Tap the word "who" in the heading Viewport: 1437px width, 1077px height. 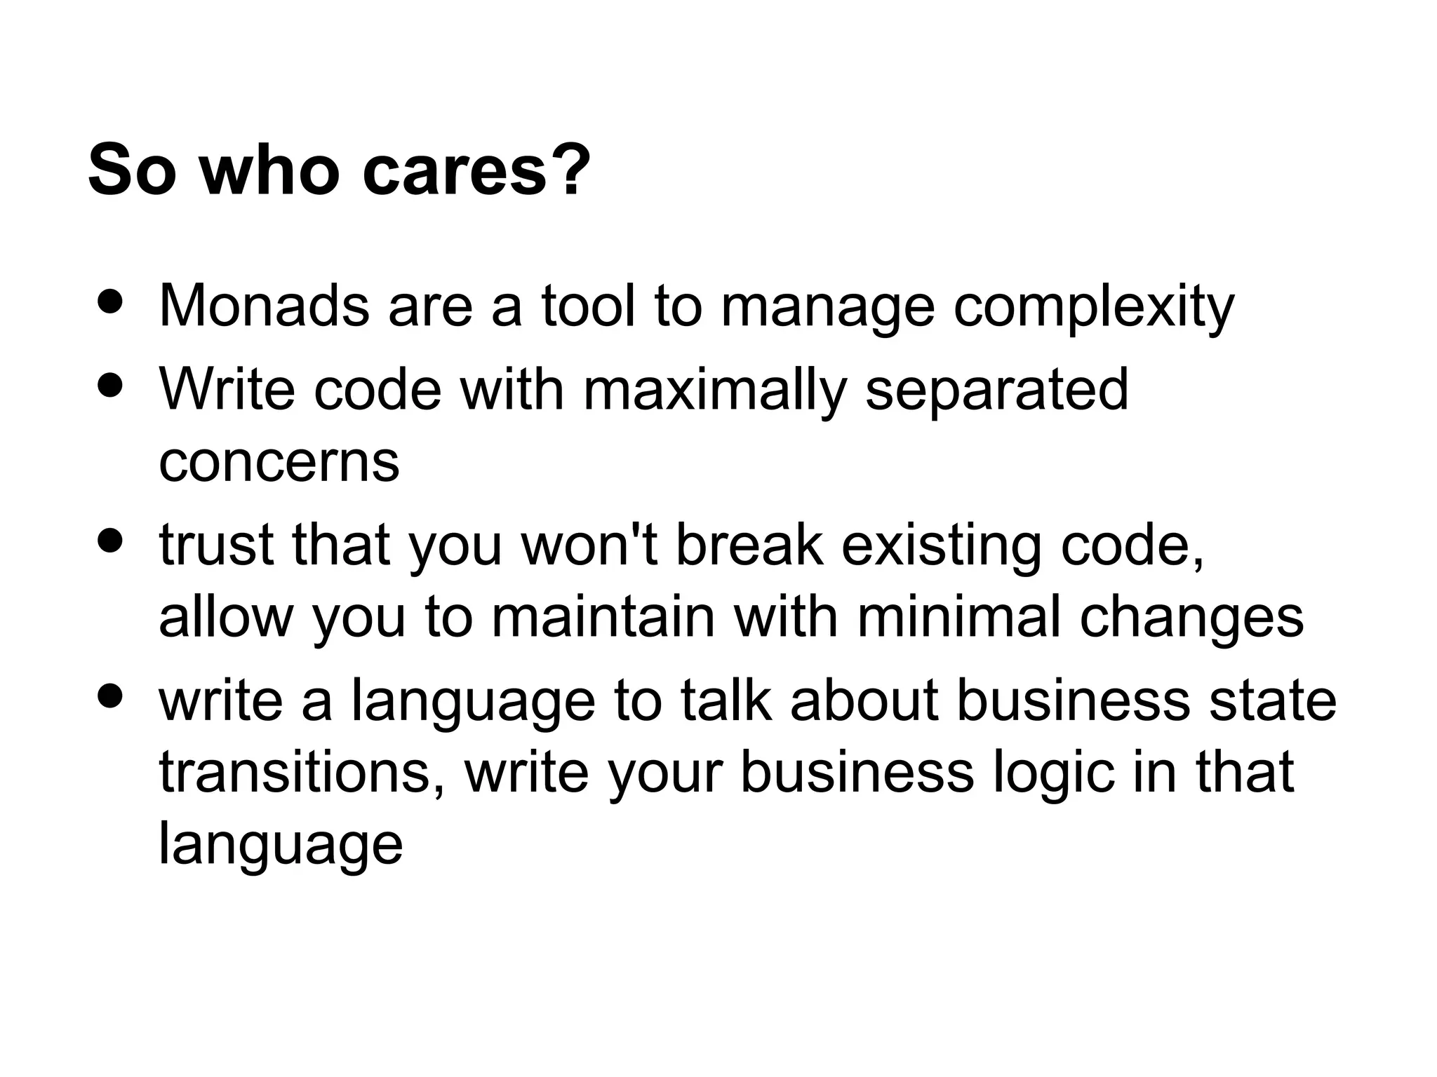(270, 170)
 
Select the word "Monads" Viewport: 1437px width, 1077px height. (264, 306)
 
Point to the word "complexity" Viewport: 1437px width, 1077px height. (1093, 307)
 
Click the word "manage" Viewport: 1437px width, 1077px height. (827, 307)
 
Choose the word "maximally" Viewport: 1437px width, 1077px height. (715, 390)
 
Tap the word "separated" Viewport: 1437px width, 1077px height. (996, 390)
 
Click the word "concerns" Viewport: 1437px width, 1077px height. (279, 462)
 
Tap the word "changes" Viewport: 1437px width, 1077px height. (1191, 618)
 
